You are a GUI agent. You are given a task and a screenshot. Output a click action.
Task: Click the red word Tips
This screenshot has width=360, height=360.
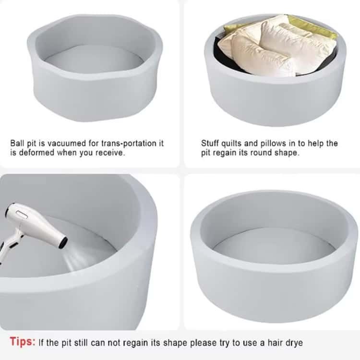coord(23,342)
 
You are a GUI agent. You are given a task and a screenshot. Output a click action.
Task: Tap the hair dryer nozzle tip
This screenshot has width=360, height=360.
coord(63,243)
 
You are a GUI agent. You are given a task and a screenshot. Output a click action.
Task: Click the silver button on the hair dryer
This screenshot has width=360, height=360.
coord(22,215)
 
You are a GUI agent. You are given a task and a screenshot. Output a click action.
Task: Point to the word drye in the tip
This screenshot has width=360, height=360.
coord(294,343)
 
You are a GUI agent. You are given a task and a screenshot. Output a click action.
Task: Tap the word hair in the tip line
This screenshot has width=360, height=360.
coord(275,343)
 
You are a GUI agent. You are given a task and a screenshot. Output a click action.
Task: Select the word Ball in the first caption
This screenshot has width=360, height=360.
coord(17,143)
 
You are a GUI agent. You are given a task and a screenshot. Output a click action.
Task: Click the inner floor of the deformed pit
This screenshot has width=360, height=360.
coord(94,59)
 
